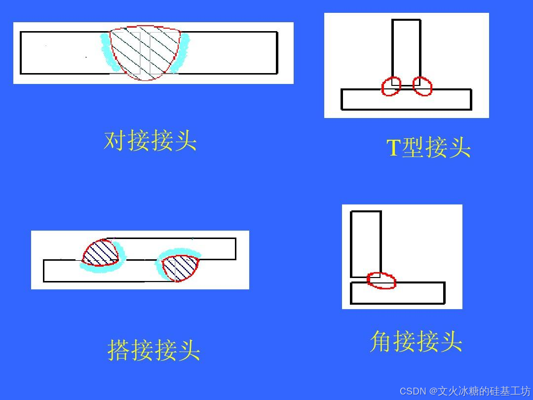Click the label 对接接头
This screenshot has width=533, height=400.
pyautogui.click(x=151, y=141)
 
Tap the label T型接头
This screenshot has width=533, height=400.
pyautogui.click(x=428, y=148)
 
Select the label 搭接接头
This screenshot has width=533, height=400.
pyautogui.click(x=154, y=350)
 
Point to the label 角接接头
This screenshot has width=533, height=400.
pyautogui.click(x=416, y=342)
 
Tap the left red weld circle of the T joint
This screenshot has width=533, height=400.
pyautogui.click(x=391, y=86)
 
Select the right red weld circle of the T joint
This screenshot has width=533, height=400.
pyautogui.click(x=422, y=86)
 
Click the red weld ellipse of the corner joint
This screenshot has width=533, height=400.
pyautogui.click(x=381, y=280)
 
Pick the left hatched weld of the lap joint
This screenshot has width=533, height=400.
pyautogui.click(x=101, y=253)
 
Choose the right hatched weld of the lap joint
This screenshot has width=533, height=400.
pyautogui.click(x=180, y=267)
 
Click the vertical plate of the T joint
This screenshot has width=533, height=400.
pyautogui.click(x=406, y=49)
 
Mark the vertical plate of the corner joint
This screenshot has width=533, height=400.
pyautogui.click(x=366, y=242)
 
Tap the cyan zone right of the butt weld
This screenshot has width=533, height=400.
pyautogui.click(x=184, y=52)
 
